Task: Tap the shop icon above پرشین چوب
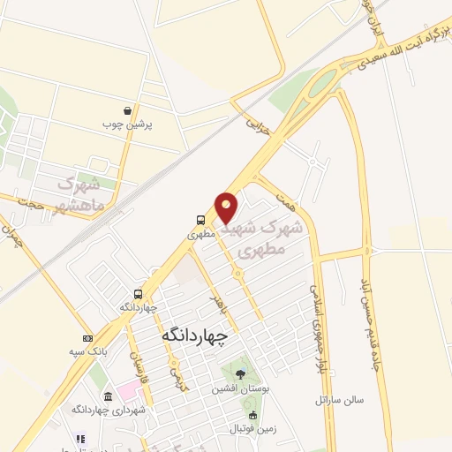pyautogui.click(x=130, y=112)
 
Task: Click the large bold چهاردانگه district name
pyautogui.click(x=195, y=335)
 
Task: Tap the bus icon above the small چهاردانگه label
pyautogui.click(x=138, y=293)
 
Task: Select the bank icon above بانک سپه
pyautogui.click(x=87, y=338)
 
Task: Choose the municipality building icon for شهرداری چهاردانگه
pyautogui.click(x=108, y=396)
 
